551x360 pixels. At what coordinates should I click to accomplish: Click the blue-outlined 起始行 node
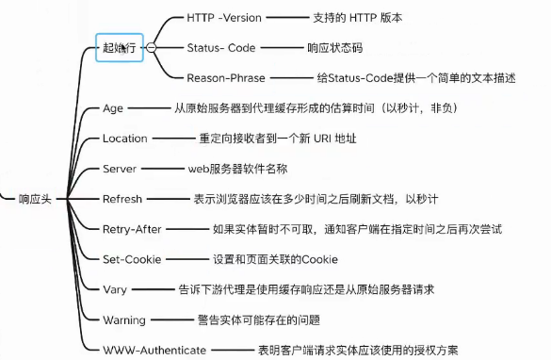coord(121,46)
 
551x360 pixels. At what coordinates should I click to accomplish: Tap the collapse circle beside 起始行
coord(152,46)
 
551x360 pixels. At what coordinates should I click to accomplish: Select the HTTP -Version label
coord(222,17)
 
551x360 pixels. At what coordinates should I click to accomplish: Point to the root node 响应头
coord(35,199)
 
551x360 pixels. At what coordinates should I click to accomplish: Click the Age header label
coord(112,108)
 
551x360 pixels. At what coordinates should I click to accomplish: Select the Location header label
coord(124,139)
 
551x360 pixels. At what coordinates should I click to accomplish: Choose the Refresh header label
coord(122,199)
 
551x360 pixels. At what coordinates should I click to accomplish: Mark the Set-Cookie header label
coord(131,259)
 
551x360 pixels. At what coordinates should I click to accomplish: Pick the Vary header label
coord(114,289)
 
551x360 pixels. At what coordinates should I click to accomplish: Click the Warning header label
coord(124,319)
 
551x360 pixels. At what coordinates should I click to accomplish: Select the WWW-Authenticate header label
coord(154,350)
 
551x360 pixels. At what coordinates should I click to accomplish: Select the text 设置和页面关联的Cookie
coord(274,259)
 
